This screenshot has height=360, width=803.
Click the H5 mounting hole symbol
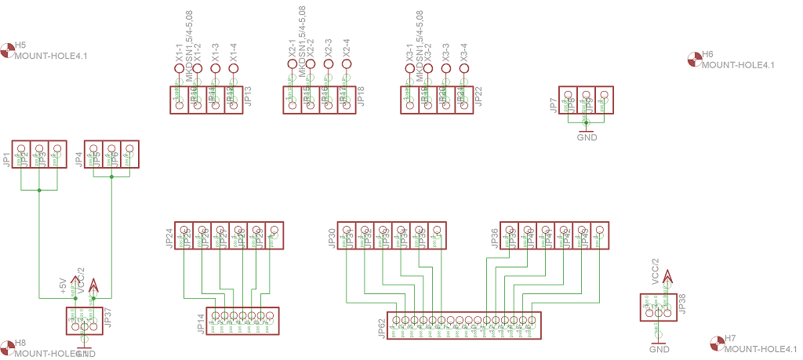click(x=8, y=51)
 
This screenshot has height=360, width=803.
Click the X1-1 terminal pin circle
click(x=179, y=69)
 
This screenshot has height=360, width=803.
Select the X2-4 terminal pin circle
click(x=346, y=69)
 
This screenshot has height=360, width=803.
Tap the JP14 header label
click(x=201, y=324)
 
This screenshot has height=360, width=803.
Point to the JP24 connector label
click(x=169, y=238)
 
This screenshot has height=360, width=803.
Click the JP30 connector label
click(x=332, y=238)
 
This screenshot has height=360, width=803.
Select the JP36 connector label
click(x=495, y=238)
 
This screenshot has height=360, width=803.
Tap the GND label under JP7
click(x=587, y=137)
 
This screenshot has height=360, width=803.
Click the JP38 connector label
click(x=682, y=304)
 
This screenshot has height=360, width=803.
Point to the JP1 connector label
click(x=7, y=159)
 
